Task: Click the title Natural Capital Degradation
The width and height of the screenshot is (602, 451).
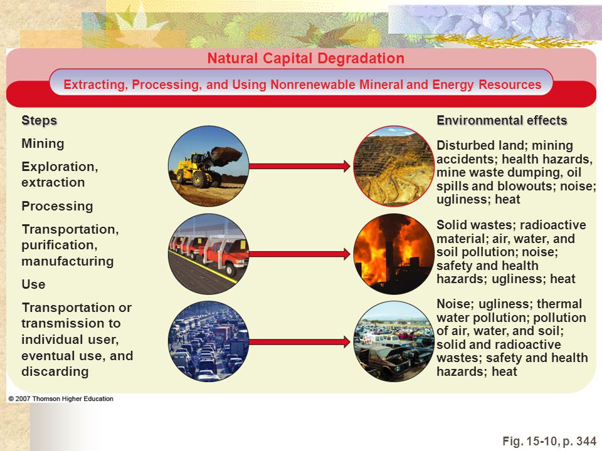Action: click(305, 58)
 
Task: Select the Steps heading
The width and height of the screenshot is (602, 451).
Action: click(39, 120)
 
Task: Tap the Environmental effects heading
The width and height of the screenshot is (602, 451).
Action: click(502, 120)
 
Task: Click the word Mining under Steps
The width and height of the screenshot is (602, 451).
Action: click(43, 143)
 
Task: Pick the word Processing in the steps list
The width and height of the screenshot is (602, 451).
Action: click(57, 206)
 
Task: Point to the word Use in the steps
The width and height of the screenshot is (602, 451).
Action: click(33, 284)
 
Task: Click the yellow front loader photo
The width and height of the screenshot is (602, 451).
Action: click(208, 166)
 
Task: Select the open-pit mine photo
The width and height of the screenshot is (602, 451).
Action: click(394, 166)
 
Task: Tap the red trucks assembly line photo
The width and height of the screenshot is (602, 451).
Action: click(208, 254)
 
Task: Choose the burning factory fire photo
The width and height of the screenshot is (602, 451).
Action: click(394, 254)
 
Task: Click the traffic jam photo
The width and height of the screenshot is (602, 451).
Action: click(208, 341)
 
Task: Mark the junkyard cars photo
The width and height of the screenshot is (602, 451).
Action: click(394, 341)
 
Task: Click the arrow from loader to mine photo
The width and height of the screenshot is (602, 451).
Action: click(300, 166)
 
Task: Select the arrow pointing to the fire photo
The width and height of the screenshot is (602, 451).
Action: click(300, 254)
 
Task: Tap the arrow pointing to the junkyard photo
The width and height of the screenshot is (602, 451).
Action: click(300, 342)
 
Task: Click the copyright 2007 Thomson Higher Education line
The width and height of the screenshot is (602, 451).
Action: click(61, 399)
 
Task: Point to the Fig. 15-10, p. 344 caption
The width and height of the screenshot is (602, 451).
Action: click(549, 441)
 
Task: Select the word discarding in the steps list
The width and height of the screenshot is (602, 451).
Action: click(55, 371)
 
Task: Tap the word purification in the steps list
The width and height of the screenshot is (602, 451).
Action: click(60, 245)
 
